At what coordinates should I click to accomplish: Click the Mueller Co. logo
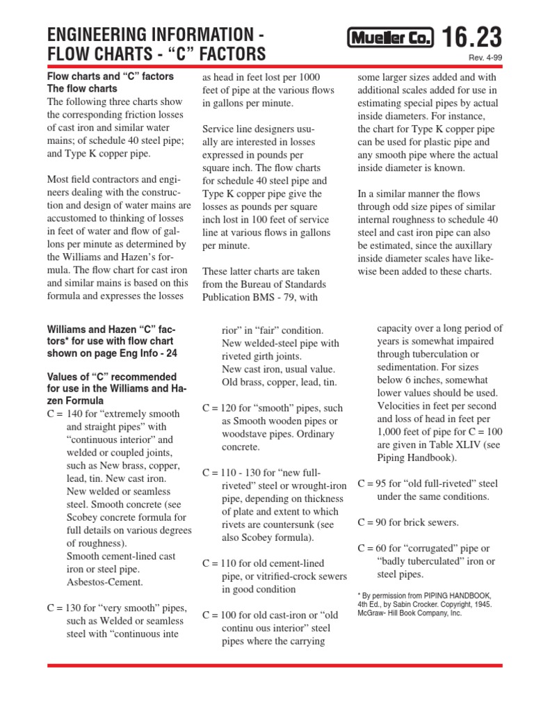(x=390, y=39)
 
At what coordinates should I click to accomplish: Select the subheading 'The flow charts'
(x=82, y=89)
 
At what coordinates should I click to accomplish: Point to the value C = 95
(x=373, y=483)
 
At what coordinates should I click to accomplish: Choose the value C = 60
(x=373, y=549)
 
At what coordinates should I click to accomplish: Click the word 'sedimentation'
(x=410, y=367)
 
